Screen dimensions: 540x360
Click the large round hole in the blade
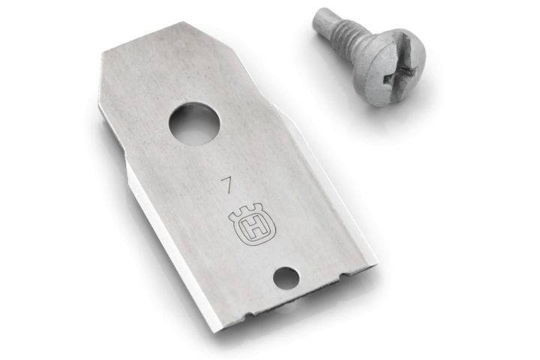pyautogui.click(x=194, y=126)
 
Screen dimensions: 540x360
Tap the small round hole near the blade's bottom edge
pyautogui.click(x=286, y=278)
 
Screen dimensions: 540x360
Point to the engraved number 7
pyautogui.click(x=226, y=185)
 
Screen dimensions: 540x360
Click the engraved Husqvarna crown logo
pyautogui.click(x=253, y=227)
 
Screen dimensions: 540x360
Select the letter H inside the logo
pyautogui.click(x=254, y=229)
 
